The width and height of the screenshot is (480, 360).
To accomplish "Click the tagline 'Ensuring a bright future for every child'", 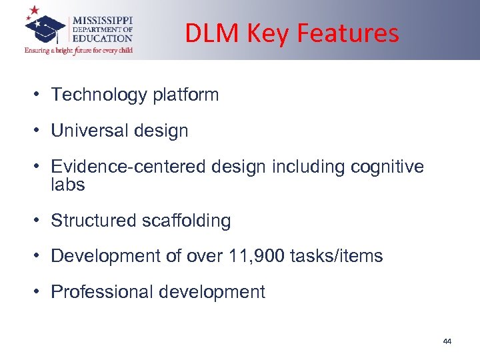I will (79, 51).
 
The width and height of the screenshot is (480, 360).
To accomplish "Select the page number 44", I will (447, 341).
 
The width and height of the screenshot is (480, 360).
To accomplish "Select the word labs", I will (68, 184).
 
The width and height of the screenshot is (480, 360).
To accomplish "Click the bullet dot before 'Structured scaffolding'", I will (39, 221).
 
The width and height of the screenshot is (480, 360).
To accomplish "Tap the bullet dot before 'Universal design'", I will (39, 131).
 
